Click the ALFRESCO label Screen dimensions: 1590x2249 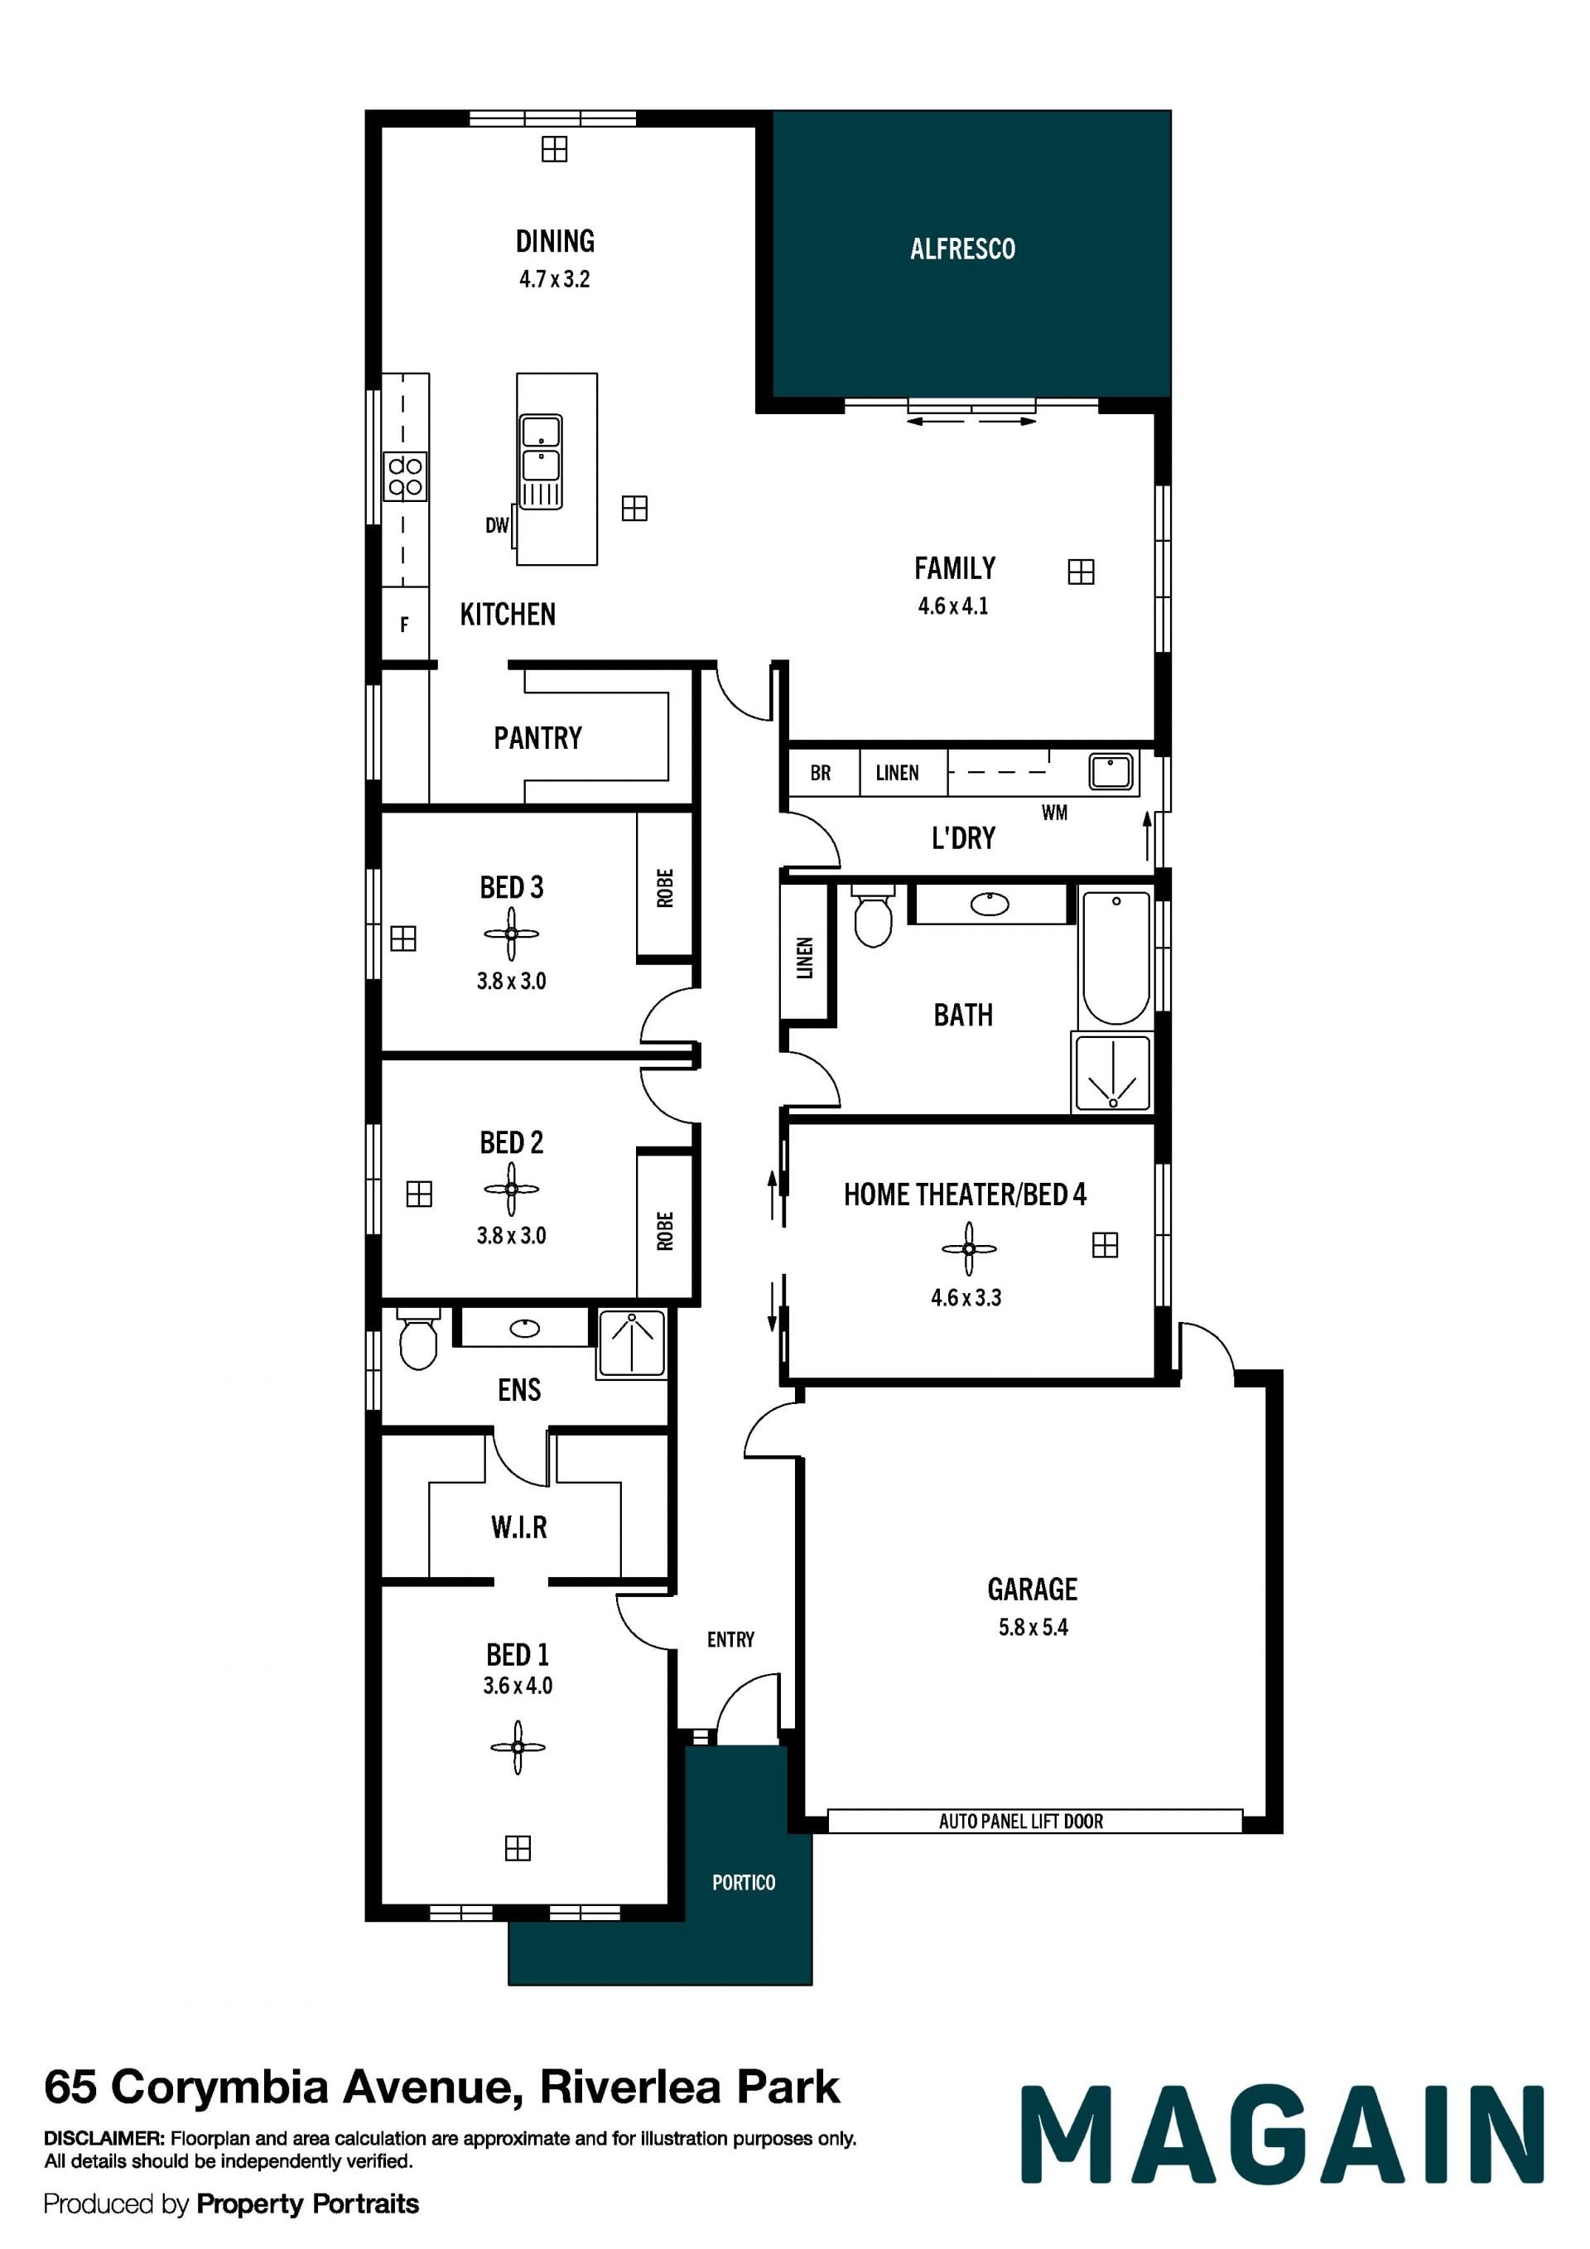point(962,249)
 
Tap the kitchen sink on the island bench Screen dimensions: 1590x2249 point(541,461)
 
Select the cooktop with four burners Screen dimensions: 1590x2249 point(405,477)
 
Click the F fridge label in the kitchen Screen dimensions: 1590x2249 point(404,624)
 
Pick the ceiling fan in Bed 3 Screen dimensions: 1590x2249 point(511,934)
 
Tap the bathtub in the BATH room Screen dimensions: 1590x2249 point(1115,957)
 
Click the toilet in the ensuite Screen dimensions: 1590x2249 point(418,1338)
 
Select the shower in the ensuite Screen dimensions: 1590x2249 point(632,1343)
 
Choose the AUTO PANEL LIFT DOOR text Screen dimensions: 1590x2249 point(1021,1821)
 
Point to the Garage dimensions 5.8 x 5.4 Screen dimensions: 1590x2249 point(1033,1627)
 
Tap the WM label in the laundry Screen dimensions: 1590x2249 point(1054,812)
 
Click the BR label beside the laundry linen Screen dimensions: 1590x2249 point(821,773)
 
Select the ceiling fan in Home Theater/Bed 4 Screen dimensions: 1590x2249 point(969,1249)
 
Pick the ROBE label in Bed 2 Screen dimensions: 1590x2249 point(666,1231)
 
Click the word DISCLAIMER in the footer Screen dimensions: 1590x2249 point(104,2138)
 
